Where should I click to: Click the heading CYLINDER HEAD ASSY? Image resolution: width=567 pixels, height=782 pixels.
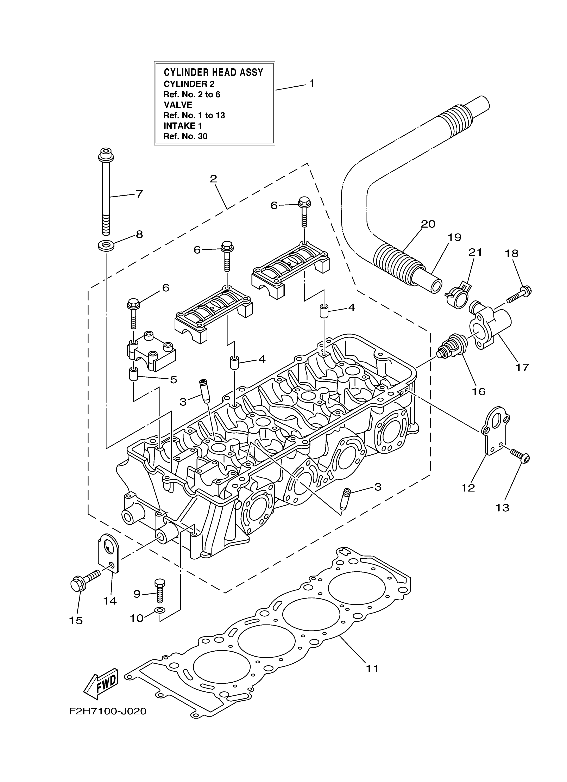pyautogui.click(x=213, y=72)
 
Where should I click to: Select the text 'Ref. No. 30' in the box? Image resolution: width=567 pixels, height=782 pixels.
pyautogui.click(x=185, y=136)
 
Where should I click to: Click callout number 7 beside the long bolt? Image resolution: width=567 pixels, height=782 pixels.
pyautogui.click(x=139, y=194)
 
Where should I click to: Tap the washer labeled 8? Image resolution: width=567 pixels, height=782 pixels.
pyautogui.click(x=106, y=246)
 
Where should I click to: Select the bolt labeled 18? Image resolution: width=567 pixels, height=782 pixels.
pyautogui.click(x=519, y=295)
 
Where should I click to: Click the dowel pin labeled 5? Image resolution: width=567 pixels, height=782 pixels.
pyautogui.click(x=133, y=374)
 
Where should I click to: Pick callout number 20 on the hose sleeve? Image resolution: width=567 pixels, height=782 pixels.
pyautogui.click(x=428, y=224)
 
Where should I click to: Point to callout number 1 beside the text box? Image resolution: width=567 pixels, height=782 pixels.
pyautogui.click(x=312, y=83)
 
